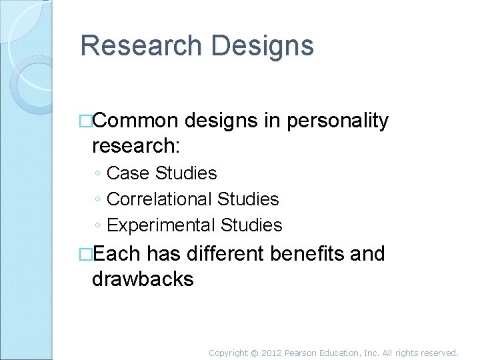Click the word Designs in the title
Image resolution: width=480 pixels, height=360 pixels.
point(263,46)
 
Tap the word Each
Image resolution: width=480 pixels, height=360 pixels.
point(118,254)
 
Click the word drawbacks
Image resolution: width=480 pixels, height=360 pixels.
point(143,279)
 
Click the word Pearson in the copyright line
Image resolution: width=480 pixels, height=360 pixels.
point(304,353)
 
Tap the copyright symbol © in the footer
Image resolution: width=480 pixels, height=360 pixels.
point(255,353)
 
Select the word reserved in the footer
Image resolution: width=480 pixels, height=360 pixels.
point(439,353)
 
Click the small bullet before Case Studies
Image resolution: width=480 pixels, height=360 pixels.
point(97,174)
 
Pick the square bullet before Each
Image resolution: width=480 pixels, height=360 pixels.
point(85,254)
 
